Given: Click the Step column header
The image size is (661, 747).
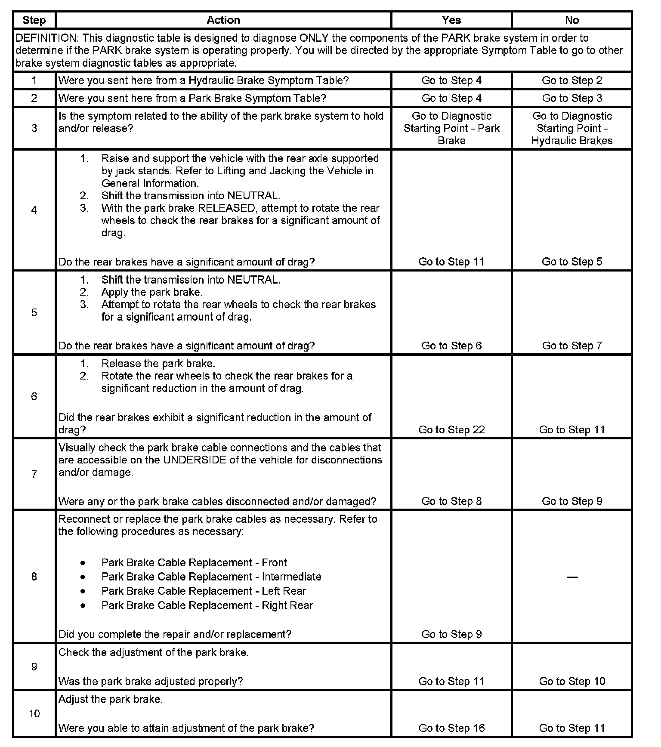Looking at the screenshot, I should (34, 20).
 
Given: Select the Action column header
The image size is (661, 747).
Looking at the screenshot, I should (223, 20).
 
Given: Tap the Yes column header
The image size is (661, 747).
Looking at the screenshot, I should (451, 20).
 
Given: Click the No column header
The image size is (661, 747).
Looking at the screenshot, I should (572, 20).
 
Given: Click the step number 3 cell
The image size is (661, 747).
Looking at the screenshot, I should (34, 128).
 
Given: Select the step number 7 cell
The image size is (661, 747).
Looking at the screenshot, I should (34, 474).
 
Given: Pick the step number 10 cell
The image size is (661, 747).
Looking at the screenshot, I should (34, 714).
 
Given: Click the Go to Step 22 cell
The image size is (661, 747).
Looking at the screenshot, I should (451, 430).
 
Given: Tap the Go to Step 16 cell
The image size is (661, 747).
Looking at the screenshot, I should (451, 728).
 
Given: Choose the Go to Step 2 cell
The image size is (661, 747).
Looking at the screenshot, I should (572, 80).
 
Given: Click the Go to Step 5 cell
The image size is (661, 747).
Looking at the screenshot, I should (572, 262).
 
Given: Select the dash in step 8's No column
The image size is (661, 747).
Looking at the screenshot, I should (572, 577).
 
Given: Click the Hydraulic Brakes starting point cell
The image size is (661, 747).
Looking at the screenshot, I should (572, 128).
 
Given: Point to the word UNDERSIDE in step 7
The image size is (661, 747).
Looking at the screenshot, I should (195, 460).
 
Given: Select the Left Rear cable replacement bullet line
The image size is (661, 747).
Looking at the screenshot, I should (204, 591).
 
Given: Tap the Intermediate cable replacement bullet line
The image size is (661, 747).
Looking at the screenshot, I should (211, 577).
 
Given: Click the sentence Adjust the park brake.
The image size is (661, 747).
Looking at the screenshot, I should (111, 700).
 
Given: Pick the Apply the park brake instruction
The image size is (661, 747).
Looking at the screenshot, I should (152, 292).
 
